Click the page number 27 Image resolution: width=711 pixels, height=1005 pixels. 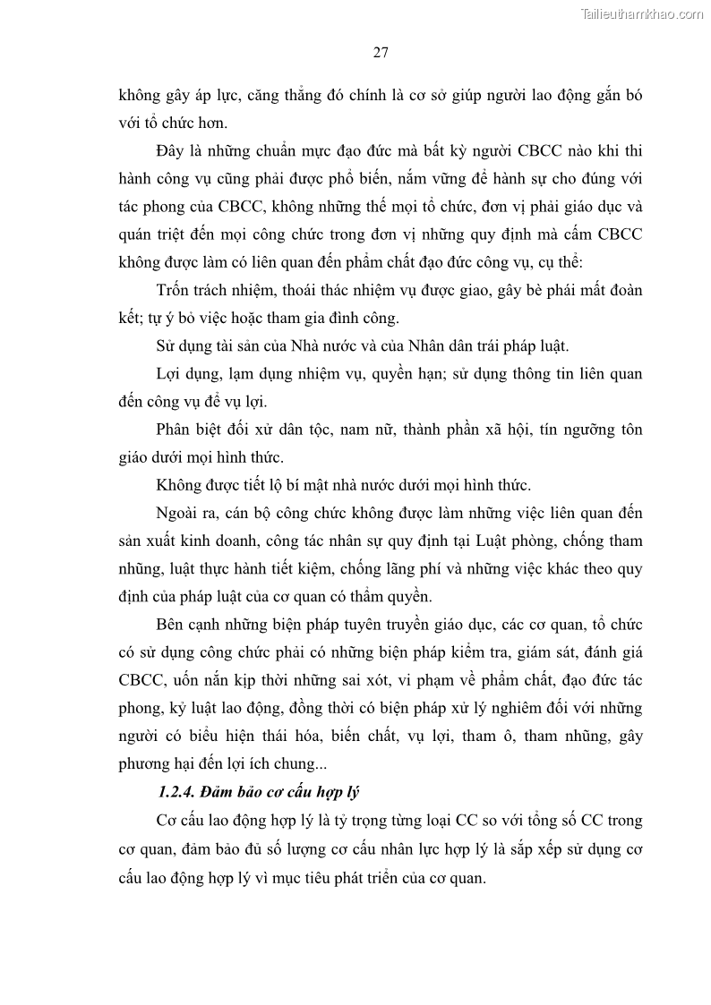tap(380, 53)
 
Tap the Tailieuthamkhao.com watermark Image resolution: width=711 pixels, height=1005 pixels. tap(643, 13)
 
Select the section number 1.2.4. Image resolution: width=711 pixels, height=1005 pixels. tap(176, 793)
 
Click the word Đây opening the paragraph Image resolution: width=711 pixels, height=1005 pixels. tap(170, 150)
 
